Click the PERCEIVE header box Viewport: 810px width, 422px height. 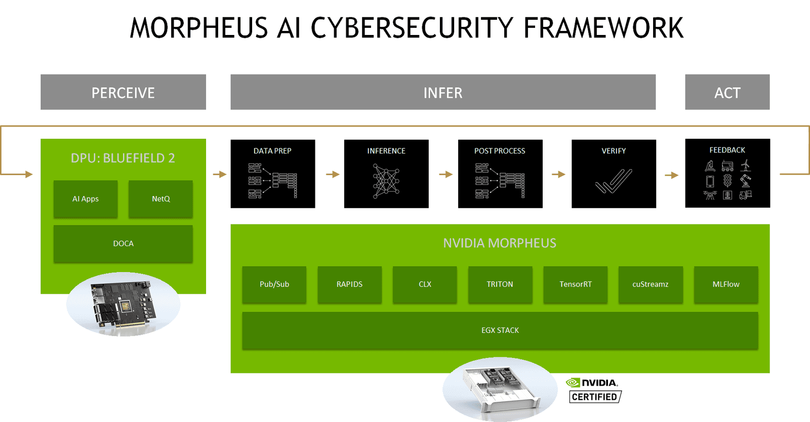pyautogui.click(x=123, y=92)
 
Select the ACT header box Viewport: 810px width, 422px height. pyautogui.click(x=727, y=92)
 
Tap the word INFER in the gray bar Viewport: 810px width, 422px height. pyautogui.click(x=443, y=93)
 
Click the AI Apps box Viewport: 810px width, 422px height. pyautogui.click(x=86, y=199)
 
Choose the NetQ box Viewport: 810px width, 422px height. pyautogui.click(x=160, y=199)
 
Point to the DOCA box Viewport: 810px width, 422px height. pyautogui.click(x=123, y=244)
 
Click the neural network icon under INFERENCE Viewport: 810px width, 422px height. pyautogui.click(x=386, y=180)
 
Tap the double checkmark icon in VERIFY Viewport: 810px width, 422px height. pyautogui.click(x=614, y=181)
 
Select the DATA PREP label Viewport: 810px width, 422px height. pyautogui.click(x=272, y=151)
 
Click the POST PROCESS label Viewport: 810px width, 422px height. pyautogui.click(x=500, y=151)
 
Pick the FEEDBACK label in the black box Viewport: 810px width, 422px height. pyautogui.click(x=727, y=150)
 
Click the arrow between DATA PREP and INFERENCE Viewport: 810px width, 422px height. pyautogui.click(x=332, y=174)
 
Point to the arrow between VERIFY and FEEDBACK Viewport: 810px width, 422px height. pyautogui.click(x=671, y=175)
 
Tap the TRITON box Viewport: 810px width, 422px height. pyautogui.click(x=500, y=284)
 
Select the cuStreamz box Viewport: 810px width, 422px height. pyautogui.click(x=650, y=284)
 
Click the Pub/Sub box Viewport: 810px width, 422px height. pyautogui.click(x=274, y=284)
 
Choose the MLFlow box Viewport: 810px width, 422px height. pyautogui.click(x=725, y=284)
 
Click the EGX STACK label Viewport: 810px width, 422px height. pyautogui.click(x=500, y=330)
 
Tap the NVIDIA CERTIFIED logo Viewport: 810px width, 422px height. pyautogui.click(x=594, y=390)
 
